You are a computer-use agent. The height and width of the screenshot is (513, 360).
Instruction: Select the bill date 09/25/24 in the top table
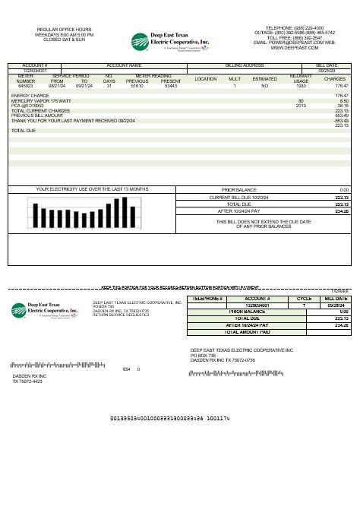(x=327, y=71)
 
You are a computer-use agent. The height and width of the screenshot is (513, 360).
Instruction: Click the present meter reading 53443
(x=170, y=86)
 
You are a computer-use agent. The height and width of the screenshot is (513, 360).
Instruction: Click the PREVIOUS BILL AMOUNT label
(x=37, y=116)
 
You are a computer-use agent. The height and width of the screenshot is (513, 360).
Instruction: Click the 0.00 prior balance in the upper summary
(x=343, y=189)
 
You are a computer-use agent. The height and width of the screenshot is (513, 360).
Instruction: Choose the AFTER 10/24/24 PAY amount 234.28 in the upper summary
(x=341, y=211)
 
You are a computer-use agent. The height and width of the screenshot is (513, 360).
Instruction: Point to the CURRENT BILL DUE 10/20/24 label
(x=239, y=197)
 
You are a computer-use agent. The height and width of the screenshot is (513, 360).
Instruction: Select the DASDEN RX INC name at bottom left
(x=30, y=376)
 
